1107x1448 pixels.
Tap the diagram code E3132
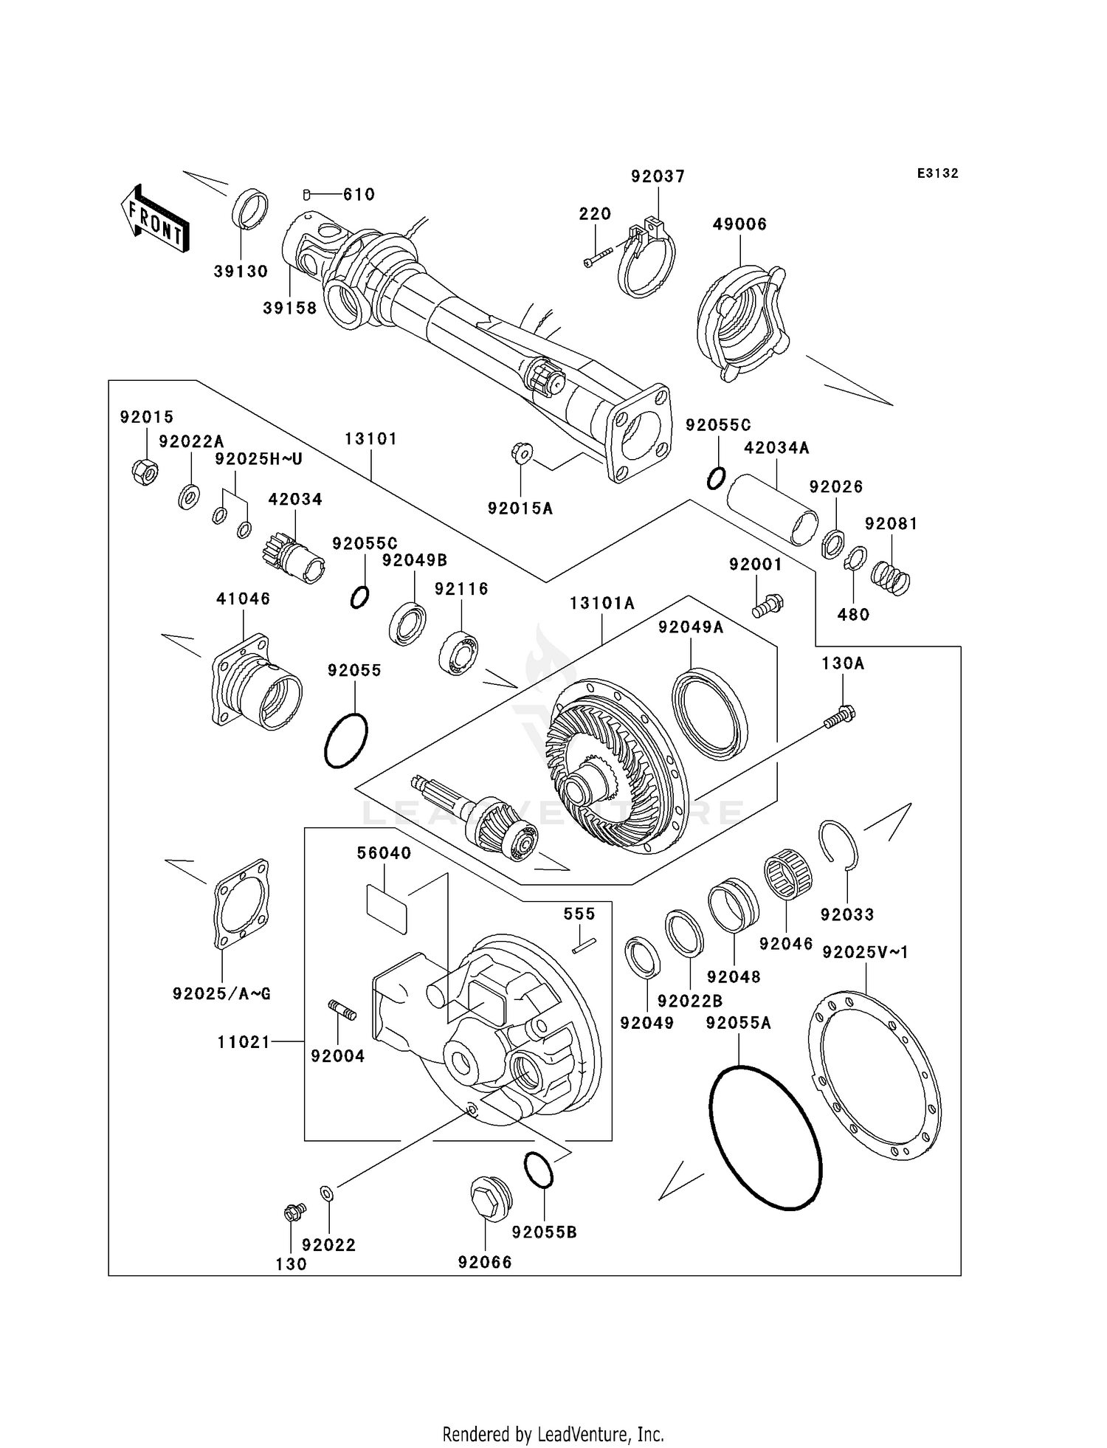point(937,173)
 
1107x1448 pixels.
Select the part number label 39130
point(241,272)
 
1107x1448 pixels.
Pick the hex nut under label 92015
point(145,471)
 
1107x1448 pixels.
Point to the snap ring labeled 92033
point(839,845)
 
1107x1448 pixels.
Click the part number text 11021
point(244,1042)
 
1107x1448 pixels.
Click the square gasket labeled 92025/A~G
point(241,904)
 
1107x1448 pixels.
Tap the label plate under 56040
point(387,910)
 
